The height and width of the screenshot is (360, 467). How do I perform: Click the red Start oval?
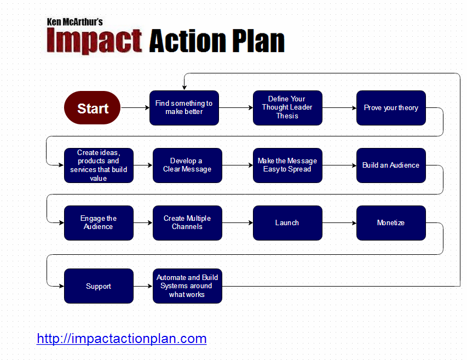point(93,107)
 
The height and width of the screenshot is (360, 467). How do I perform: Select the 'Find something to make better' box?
point(184,108)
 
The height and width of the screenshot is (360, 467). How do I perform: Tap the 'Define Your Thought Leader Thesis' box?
point(287,108)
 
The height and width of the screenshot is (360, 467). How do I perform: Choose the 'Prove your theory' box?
point(391,108)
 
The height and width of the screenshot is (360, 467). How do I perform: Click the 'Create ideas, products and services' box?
point(99,165)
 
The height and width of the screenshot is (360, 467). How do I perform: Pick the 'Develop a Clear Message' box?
point(187,165)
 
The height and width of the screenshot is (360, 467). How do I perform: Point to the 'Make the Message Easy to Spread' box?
point(287,165)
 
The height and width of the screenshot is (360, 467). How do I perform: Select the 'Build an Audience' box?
point(391,165)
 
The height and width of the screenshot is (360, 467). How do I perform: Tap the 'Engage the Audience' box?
point(99,223)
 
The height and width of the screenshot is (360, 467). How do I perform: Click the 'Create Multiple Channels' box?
point(187,223)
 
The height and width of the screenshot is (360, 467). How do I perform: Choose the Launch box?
point(287,223)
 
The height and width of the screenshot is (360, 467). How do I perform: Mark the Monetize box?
point(391,223)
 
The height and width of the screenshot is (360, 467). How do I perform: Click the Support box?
point(99,286)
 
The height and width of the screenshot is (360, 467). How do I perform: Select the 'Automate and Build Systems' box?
point(187,286)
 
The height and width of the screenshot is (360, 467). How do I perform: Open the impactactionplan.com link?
point(122,339)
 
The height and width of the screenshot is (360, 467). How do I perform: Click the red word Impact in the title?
point(94,41)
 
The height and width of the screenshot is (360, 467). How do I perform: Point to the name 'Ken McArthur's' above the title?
point(75,22)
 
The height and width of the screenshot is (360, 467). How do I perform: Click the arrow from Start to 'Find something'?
point(135,107)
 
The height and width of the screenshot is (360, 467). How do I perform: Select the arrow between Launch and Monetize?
point(339,222)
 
